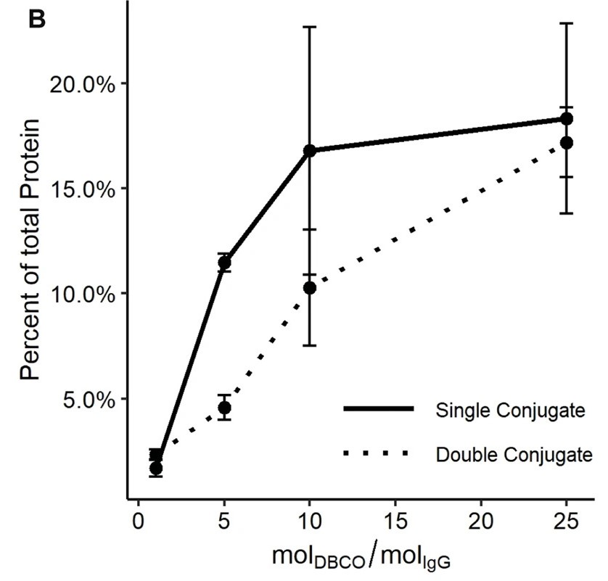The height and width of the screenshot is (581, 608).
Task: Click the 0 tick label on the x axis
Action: pos(139,521)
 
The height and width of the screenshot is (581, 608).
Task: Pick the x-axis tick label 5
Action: pos(224,521)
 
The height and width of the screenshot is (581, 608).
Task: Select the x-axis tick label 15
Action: pos(395,521)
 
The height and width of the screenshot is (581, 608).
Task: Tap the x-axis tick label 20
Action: pos(481,521)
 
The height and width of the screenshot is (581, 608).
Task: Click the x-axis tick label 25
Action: pos(567,521)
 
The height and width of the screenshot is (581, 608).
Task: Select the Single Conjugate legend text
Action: pos(510,411)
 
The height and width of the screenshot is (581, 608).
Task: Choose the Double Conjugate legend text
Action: pos(514,455)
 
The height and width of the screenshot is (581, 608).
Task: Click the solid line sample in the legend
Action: pos(378,410)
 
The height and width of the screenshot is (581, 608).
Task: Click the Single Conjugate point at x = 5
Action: pos(224,263)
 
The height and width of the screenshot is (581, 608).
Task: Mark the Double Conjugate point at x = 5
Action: pos(224,408)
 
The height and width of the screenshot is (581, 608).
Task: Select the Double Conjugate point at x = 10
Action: pos(310,288)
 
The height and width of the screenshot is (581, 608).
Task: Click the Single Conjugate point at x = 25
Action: pos(567,118)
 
